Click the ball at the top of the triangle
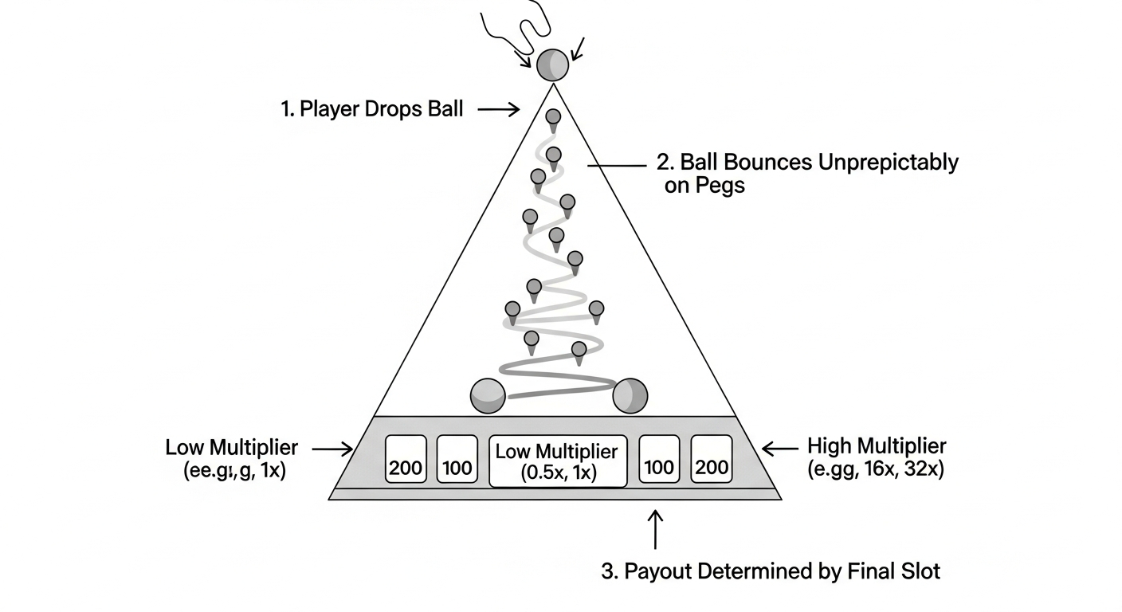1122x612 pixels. click(552, 65)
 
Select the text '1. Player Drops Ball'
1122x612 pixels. click(371, 109)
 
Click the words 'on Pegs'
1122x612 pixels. click(704, 186)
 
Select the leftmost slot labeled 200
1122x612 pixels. click(406, 459)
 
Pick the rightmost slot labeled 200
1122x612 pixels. click(711, 459)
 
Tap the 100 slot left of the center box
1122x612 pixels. click(457, 459)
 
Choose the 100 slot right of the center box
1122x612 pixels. click(660, 459)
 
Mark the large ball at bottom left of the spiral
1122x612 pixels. click(488, 396)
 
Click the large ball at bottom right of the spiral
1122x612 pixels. click(630, 396)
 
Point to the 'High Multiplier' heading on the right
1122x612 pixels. click(877, 445)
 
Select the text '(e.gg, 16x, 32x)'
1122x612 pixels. click(875, 469)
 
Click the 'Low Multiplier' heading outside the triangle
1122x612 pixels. click(232, 447)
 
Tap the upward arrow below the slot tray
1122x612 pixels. click(655, 529)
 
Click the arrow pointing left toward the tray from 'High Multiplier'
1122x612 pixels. click(779, 449)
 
